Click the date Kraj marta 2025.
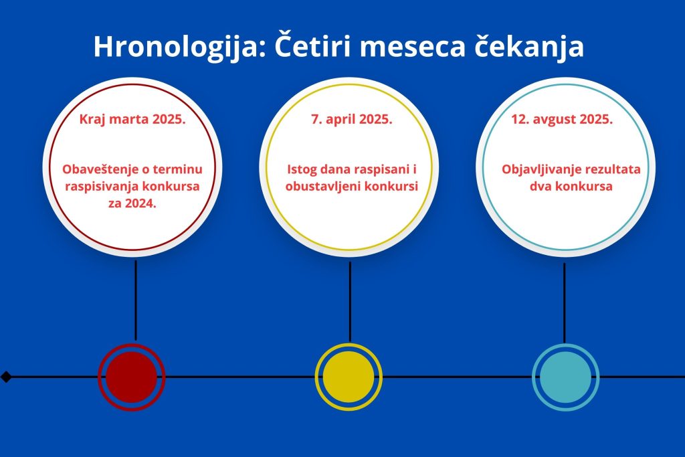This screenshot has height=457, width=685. coord(132,119)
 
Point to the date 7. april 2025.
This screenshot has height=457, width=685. coord(352,119)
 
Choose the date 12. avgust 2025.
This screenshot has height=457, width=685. coord(562,119)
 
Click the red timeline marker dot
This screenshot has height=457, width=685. coord(132,377)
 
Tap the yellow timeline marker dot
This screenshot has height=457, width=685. coord(349,377)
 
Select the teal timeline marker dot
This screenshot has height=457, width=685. coord(565,377)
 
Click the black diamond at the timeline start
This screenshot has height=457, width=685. coord(6,377)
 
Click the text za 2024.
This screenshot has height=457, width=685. coord(132,203)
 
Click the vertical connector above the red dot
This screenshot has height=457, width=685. coord(135,300)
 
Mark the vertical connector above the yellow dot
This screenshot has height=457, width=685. coord(350,302)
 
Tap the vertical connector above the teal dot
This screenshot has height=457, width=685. coord(565,303)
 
